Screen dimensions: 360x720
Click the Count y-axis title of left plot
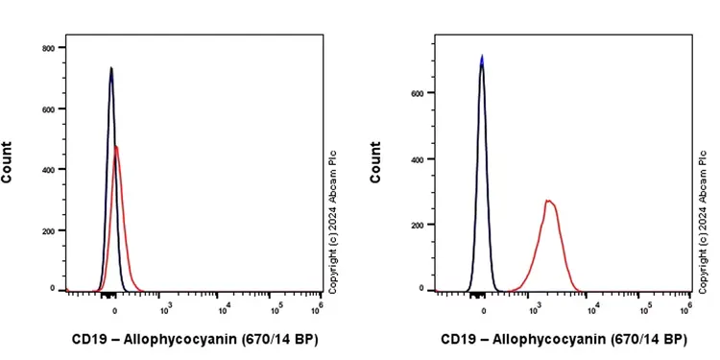click(8, 162)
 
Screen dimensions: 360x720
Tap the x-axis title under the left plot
click(195, 340)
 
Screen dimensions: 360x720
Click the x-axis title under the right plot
click(564, 340)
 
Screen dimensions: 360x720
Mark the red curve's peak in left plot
click(116, 147)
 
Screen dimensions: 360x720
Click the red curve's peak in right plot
click(548, 201)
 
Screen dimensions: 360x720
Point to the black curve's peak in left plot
click(111, 68)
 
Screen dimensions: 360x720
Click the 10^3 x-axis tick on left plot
click(165, 307)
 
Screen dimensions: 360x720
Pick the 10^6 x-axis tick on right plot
click(686, 307)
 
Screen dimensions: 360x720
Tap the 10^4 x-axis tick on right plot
click(594, 307)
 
